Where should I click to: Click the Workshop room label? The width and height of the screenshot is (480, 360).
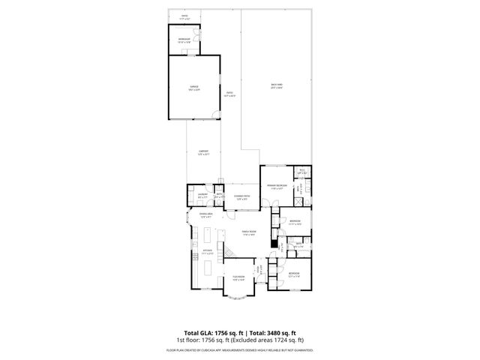tap(184, 40)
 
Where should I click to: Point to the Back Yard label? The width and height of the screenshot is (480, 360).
tap(277, 85)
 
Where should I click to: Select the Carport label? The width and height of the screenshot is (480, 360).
tap(203, 151)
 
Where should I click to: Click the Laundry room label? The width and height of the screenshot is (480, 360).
tap(202, 195)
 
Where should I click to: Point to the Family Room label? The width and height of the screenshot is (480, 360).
tap(249, 233)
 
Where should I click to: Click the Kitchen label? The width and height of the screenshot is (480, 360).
tap(208, 251)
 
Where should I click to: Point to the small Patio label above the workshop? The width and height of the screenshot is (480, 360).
tap(184, 15)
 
